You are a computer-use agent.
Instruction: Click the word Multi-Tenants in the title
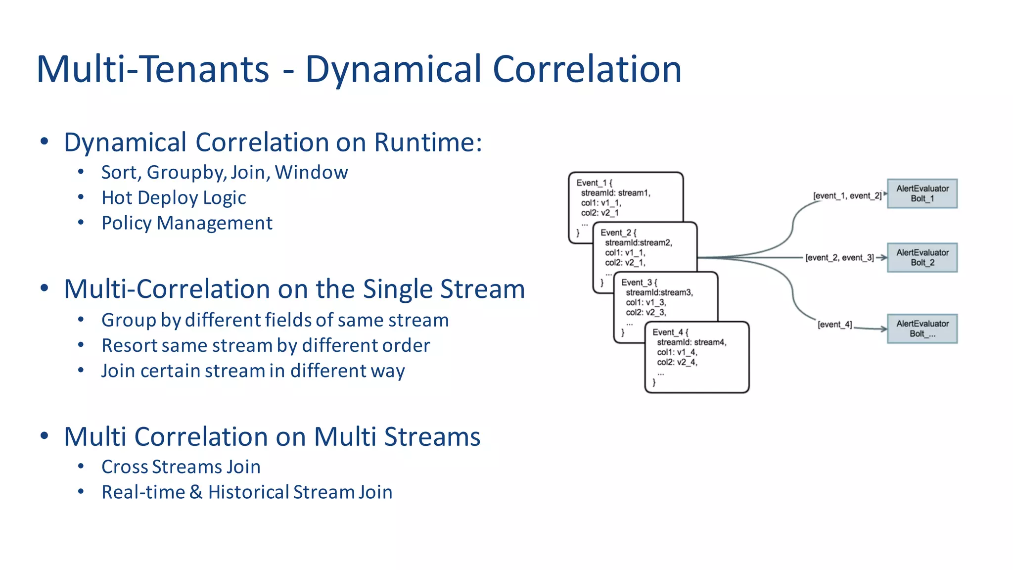tap(153, 69)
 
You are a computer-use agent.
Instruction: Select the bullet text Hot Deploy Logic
tap(174, 198)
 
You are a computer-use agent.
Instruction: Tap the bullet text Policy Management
tap(186, 223)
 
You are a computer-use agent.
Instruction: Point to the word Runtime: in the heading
tap(428, 142)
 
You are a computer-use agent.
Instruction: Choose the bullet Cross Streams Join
tap(181, 467)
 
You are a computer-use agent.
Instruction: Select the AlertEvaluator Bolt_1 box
tap(922, 193)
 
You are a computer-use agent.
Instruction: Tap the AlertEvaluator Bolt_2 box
tap(922, 257)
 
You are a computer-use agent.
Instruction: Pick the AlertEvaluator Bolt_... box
tap(922, 329)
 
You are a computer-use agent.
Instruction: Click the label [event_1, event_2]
tap(847, 196)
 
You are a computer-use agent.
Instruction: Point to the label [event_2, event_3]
tap(839, 258)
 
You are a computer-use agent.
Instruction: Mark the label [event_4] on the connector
tap(834, 325)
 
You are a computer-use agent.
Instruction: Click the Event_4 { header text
tap(670, 332)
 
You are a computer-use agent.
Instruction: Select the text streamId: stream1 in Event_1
tap(615, 193)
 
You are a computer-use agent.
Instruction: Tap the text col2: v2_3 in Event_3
tap(645, 313)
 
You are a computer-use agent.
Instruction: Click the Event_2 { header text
tap(618, 233)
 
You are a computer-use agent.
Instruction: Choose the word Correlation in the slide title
tap(587, 69)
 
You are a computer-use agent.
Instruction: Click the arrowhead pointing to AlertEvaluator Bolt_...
tap(883, 329)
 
